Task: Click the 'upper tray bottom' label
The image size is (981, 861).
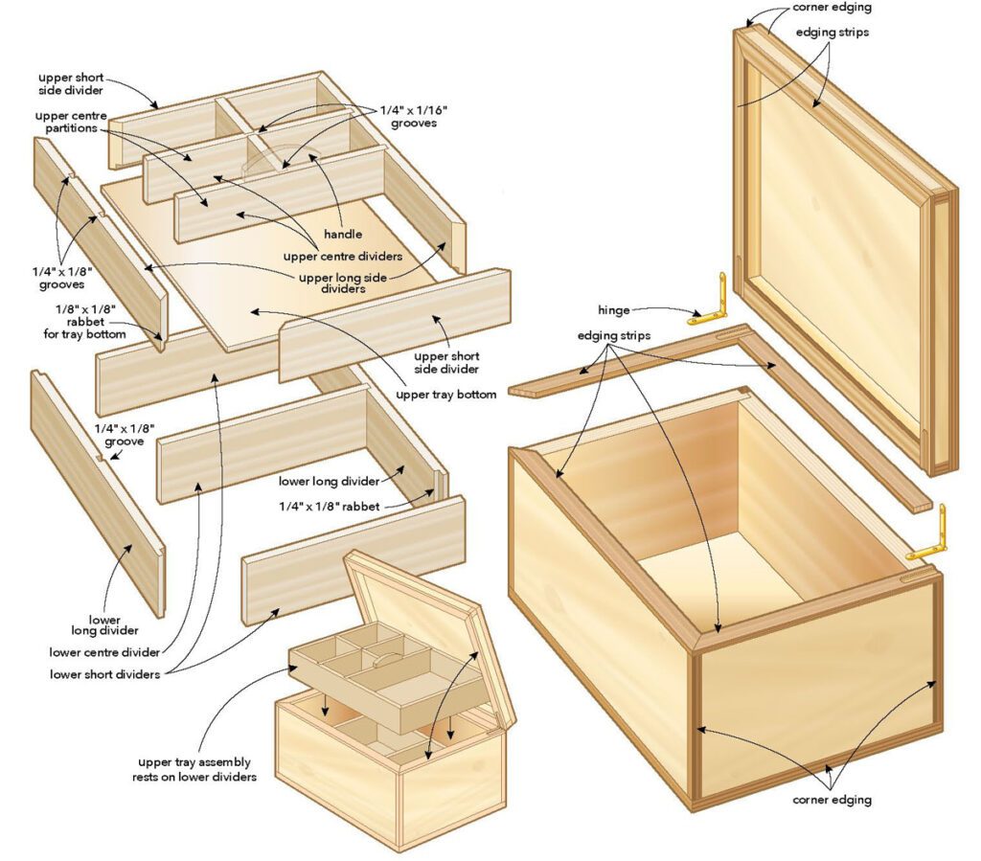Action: pyautogui.click(x=446, y=394)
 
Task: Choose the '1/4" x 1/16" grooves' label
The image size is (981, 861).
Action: pyautogui.click(x=413, y=117)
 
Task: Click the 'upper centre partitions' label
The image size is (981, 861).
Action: pyautogui.click(x=70, y=124)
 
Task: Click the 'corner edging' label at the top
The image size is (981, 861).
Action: pyautogui.click(x=831, y=8)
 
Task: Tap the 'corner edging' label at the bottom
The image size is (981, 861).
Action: pyautogui.click(x=832, y=798)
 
